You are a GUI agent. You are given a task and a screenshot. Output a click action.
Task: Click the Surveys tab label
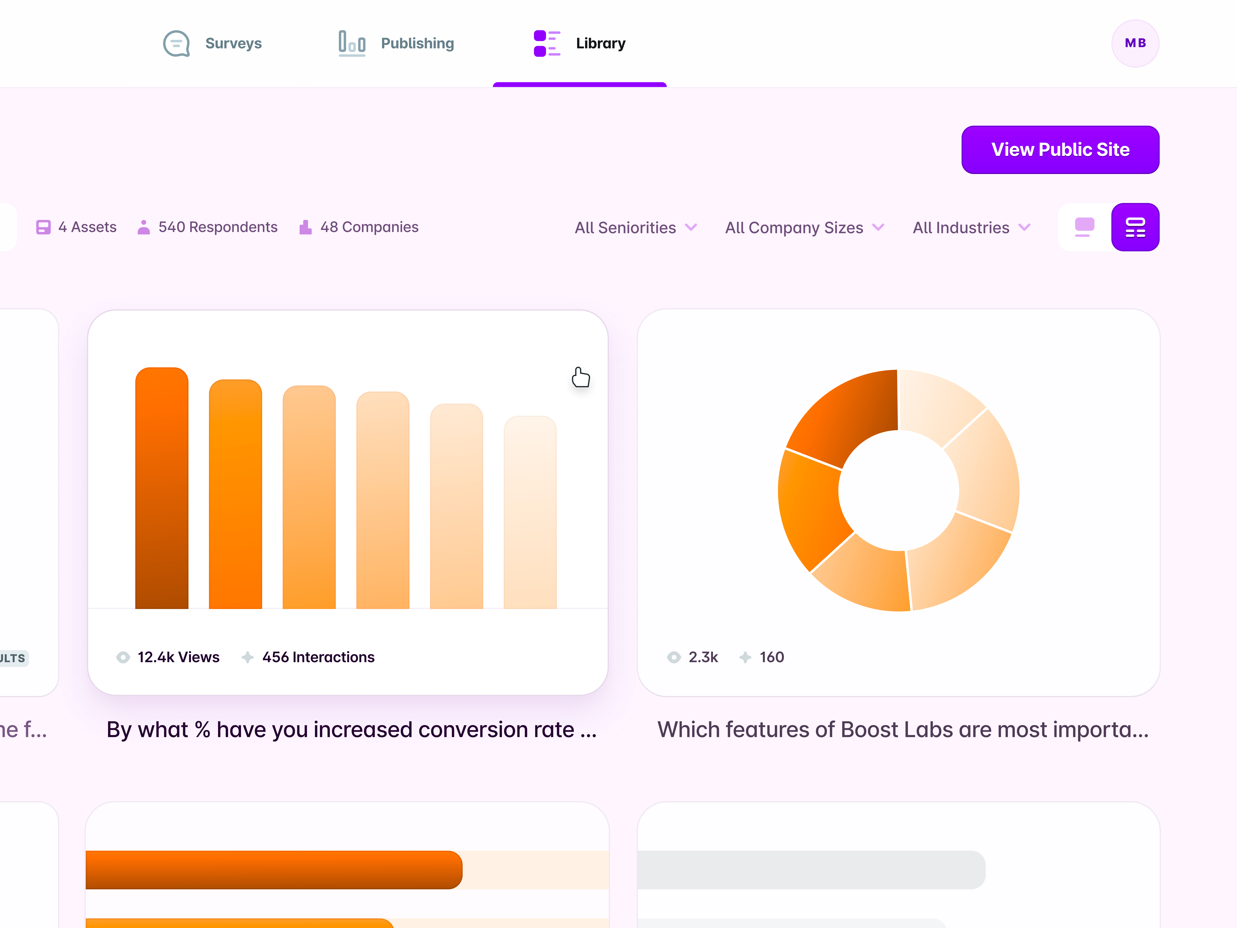(x=233, y=44)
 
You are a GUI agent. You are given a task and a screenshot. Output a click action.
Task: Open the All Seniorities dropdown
(x=635, y=228)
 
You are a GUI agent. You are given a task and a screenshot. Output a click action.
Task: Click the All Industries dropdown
(x=971, y=228)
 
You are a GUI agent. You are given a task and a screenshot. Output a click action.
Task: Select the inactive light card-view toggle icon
(x=1084, y=227)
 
